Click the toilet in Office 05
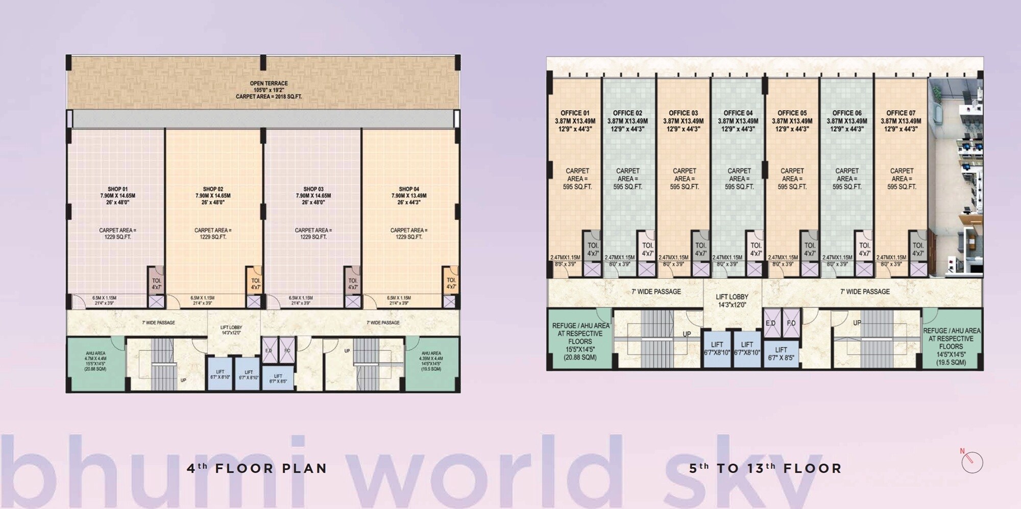pyautogui.click(x=810, y=249)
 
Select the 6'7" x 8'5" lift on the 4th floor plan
pyautogui.click(x=278, y=378)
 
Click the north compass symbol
pyautogui.click(x=971, y=462)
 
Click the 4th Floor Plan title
pyautogui.click(x=257, y=468)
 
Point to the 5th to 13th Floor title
pyautogui.click(x=765, y=468)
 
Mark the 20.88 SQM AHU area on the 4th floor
pyautogui.click(x=95, y=361)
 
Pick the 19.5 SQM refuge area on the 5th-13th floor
pyautogui.click(x=951, y=346)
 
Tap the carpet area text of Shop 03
pyautogui.click(x=313, y=234)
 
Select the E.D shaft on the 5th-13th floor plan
pyautogui.click(x=770, y=323)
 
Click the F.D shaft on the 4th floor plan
pyautogui.click(x=287, y=351)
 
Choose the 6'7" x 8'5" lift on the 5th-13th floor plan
pyautogui.click(x=781, y=353)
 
